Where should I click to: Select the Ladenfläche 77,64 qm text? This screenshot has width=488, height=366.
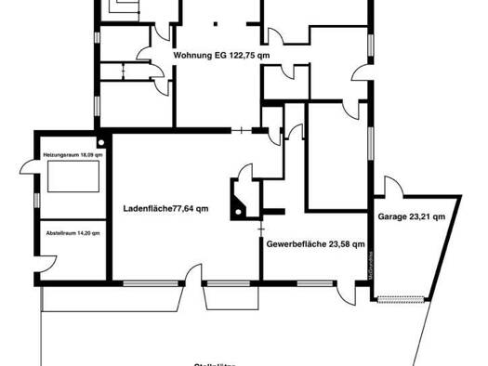coord(165,208)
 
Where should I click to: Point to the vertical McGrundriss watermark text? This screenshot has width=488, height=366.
coord(369,265)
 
